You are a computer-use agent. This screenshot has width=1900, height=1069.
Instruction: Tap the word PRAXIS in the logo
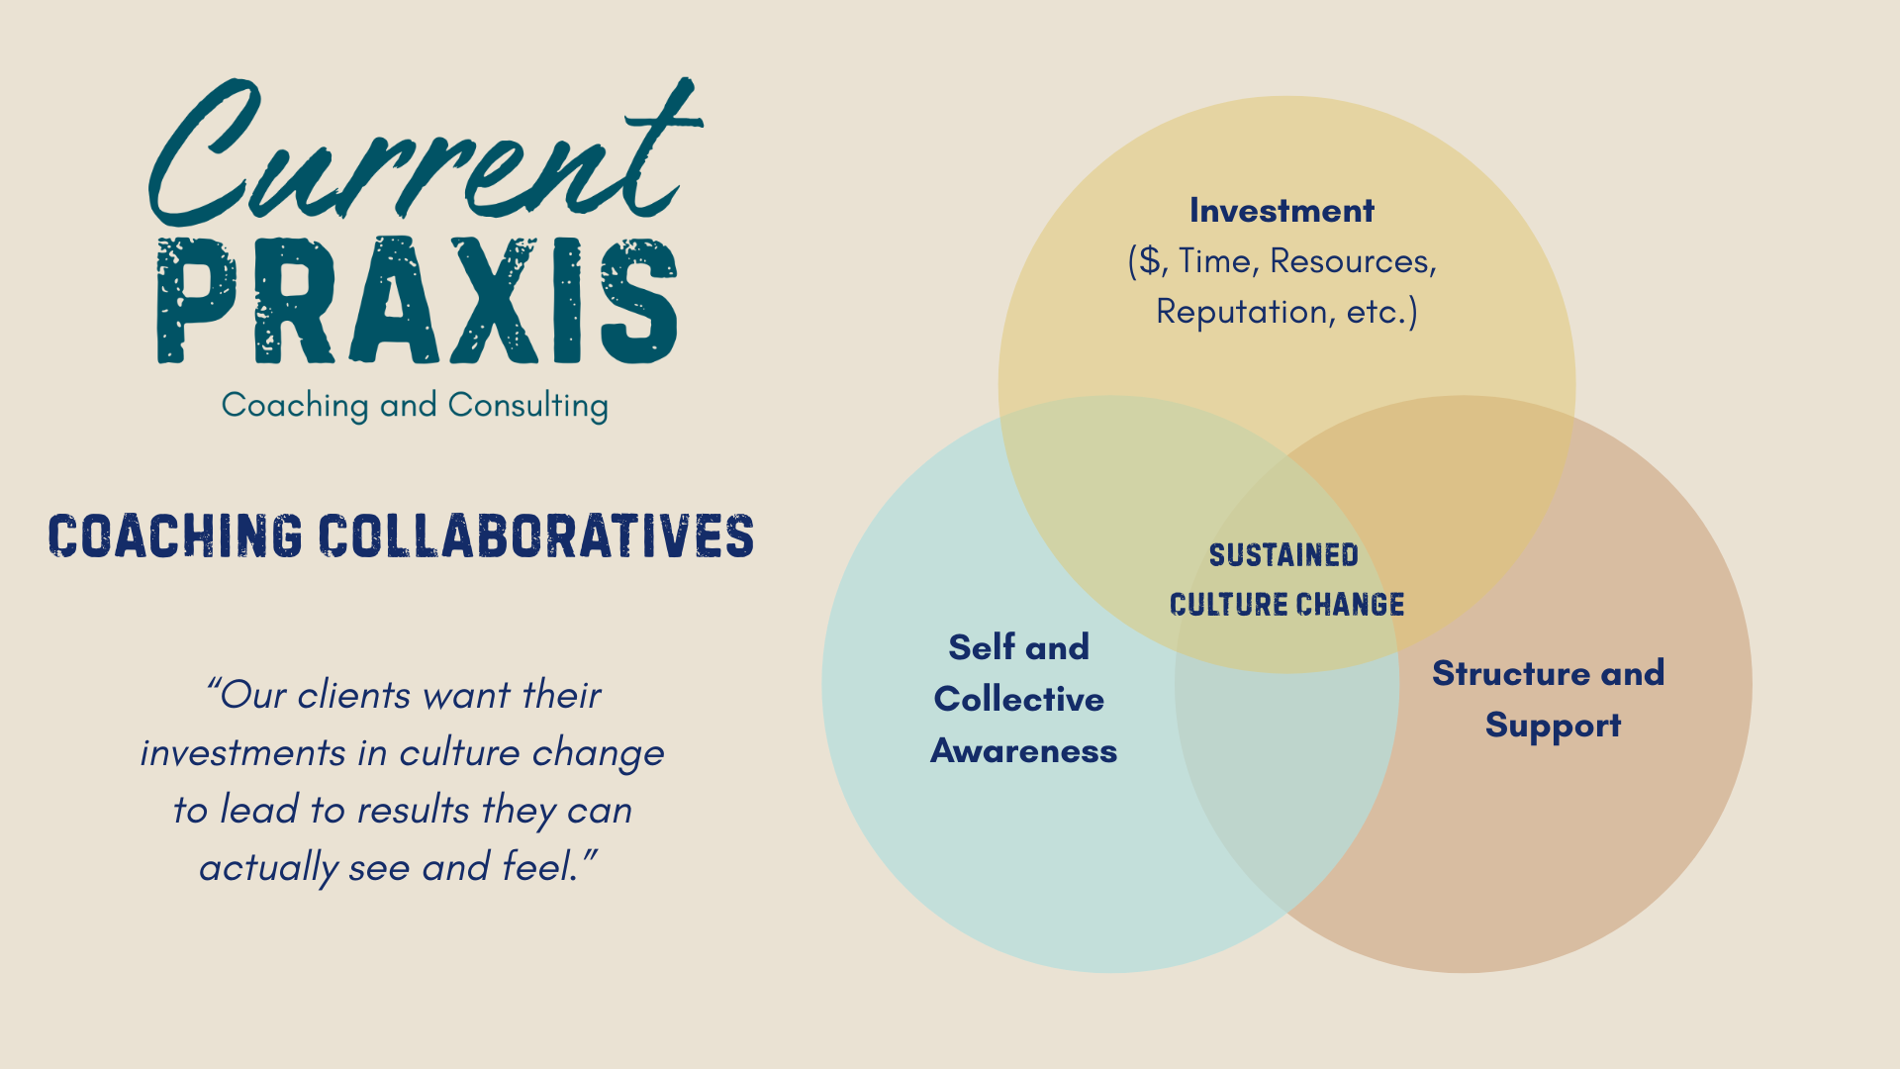click(x=418, y=300)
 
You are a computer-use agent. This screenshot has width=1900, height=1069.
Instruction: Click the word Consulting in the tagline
click(x=527, y=406)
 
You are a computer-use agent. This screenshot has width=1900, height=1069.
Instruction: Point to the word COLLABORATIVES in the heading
click(x=536, y=535)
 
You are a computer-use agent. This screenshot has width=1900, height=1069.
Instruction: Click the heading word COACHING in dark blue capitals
click(x=175, y=535)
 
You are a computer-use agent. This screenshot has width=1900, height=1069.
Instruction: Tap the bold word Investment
click(x=1282, y=210)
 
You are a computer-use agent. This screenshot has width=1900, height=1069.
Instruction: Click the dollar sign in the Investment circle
click(x=1150, y=260)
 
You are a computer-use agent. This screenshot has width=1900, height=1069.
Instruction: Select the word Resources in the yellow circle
click(x=1350, y=260)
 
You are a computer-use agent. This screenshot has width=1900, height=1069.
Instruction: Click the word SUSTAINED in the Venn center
click(x=1283, y=555)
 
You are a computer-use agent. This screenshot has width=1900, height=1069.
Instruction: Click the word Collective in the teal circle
click(x=1019, y=699)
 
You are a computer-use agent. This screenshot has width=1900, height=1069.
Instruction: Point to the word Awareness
click(x=1024, y=751)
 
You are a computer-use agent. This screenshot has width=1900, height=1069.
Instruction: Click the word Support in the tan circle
click(x=1554, y=727)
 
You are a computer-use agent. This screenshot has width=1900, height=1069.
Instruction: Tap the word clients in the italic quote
click(x=355, y=695)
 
